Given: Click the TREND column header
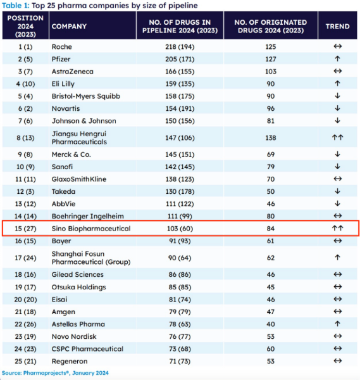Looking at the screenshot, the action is (x=337, y=26).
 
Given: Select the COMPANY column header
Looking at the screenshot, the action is (x=69, y=26).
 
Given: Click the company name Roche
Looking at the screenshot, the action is (x=62, y=46).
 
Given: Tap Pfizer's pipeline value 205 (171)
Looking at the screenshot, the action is (x=180, y=59).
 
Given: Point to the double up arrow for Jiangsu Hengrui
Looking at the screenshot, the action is (x=337, y=137).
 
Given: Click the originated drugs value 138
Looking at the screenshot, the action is (x=271, y=137).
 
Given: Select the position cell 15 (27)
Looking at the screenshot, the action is (x=25, y=228).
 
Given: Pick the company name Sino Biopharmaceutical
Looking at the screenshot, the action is (x=91, y=228).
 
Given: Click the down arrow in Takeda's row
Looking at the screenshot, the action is (x=337, y=191).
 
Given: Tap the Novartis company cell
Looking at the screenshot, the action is (x=66, y=108).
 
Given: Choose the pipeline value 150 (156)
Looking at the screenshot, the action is (x=180, y=121).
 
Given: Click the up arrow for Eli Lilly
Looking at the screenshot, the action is (x=337, y=84).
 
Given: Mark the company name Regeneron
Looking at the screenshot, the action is (x=70, y=361).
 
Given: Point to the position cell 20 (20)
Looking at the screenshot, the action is (x=25, y=300).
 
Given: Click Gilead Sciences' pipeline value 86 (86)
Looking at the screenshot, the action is (x=180, y=274).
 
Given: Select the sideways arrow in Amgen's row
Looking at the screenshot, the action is (x=337, y=311).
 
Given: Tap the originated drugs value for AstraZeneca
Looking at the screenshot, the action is (x=271, y=71).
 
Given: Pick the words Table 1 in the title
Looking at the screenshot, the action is (x=15, y=5).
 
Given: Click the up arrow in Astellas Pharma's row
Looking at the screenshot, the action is (x=337, y=324).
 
